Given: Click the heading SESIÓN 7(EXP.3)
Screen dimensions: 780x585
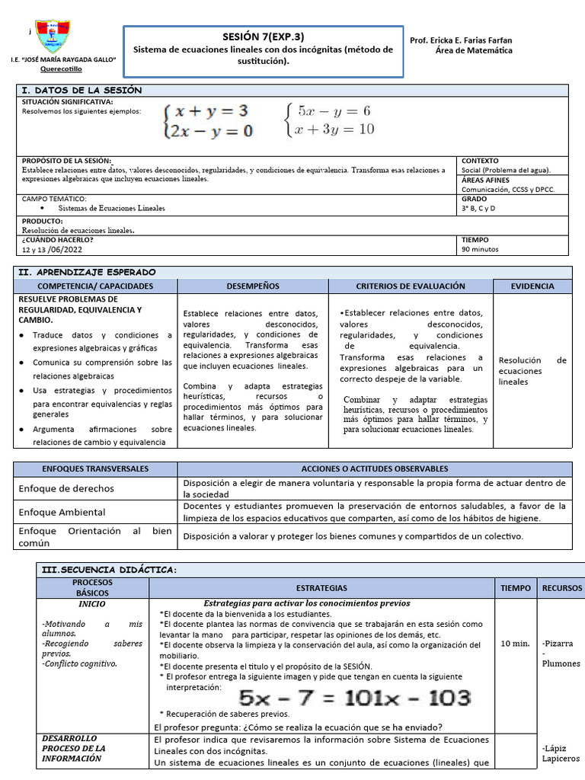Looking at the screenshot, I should click(x=263, y=37).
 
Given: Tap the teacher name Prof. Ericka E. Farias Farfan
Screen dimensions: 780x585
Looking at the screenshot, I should click(x=461, y=40).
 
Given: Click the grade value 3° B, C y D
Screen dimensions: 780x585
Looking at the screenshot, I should click(x=478, y=208).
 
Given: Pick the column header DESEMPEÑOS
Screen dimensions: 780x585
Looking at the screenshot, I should click(x=252, y=286).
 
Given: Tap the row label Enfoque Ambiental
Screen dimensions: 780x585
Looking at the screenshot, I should click(x=62, y=513).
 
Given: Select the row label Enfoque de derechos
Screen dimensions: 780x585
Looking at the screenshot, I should click(x=66, y=488).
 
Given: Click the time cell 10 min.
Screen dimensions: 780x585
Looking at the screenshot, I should click(x=515, y=644).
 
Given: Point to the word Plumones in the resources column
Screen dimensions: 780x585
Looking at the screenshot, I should click(x=561, y=663).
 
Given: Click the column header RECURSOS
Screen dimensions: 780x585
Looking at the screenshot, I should click(x=561, y=588).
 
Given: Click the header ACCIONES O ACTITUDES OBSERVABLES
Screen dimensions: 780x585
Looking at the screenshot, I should click(x=375, y=468).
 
